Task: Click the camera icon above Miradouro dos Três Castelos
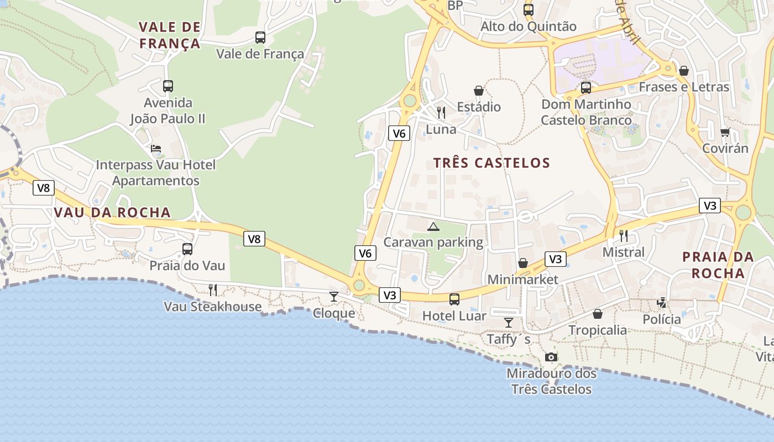tap(551, 357)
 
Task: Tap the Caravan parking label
tap(433, 242)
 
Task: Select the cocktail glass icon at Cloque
tap(333, 297)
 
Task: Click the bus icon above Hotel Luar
tap(454, 299)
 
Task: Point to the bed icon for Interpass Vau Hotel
tap(156, 149)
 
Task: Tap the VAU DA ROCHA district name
tap(112, 213)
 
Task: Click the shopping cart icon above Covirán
tap(725, 132)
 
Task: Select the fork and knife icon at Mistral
tap(623, 236)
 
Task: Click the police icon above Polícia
tap(661, 302)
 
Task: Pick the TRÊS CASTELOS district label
tap(491, 163)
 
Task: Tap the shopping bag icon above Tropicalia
tap(597, 314)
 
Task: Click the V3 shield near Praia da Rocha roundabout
tap(709, 206)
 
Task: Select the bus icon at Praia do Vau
tap(187, 249)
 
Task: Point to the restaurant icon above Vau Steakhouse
tap(212, 290)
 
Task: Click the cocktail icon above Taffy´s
tap(508, 322)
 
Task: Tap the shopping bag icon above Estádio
tap(478, 91)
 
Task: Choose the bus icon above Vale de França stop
tap(260, 38)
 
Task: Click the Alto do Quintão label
tap(528, 27)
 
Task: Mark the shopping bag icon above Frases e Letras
tap(683, 71)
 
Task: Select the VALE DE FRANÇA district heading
tap(169, 35)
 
